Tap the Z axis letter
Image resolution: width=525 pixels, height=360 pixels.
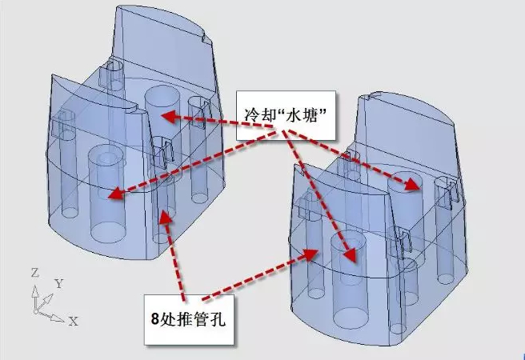click(34, 273)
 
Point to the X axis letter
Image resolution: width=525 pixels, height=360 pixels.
click(73, 321)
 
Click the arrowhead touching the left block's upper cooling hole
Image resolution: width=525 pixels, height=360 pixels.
click(166, 115)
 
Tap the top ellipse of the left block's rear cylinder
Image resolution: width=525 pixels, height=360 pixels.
click(162, 96)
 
